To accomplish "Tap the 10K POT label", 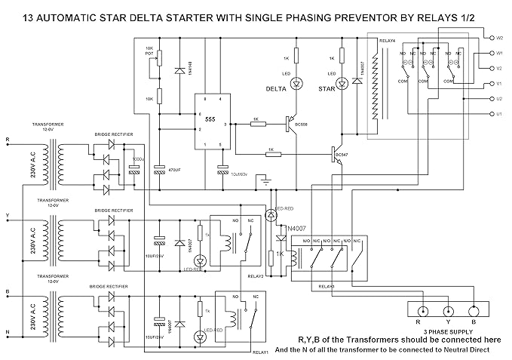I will (x=149, y=51).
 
